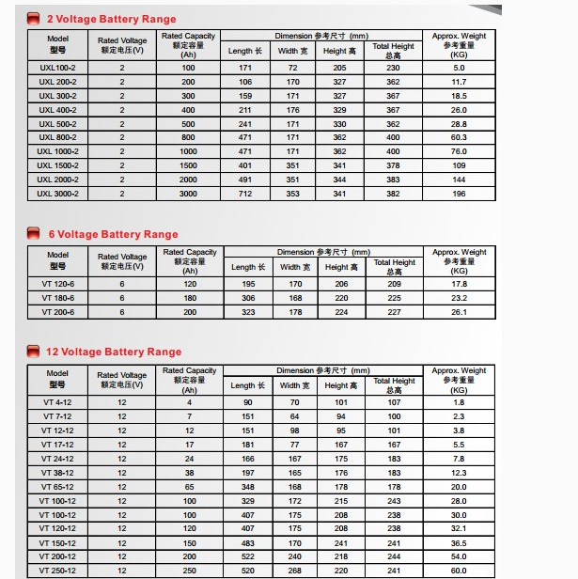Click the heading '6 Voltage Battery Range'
[112, 234]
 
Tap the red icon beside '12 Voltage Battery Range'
[34, 352]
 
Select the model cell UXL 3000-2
[57, 194]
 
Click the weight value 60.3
[459, 137]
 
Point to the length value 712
[245, 194]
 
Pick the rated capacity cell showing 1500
[188, 165]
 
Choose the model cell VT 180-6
[57, 298]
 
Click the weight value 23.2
[459, 298]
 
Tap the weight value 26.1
[459, 312]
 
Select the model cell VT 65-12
[56, 487]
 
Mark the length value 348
[248, 487]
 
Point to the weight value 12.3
[459, 473]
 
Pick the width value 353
[292, 194]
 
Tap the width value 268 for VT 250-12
[294, 571]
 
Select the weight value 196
[459, 194]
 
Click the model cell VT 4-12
[56, 402]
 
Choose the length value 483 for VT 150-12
[248, 542]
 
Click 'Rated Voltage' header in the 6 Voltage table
[122, 260]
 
